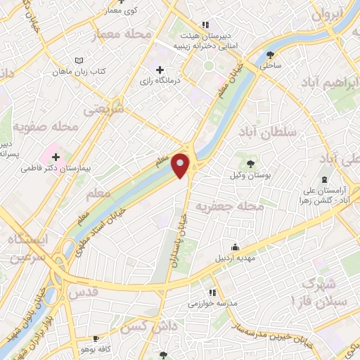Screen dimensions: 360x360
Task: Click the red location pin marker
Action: [181, 165]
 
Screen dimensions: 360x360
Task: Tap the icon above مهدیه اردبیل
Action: [235, 247]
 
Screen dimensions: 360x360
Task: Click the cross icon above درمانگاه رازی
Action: [160, 70]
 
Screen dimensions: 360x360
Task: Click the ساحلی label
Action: [271, 65]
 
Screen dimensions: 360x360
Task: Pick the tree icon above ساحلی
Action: [271, 53]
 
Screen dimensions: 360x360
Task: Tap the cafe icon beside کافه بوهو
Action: [96, 339]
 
